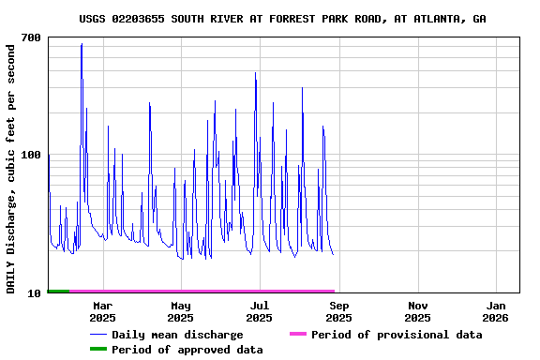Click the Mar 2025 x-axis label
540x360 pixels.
tap(102, 311)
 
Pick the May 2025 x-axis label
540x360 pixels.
tap(181, 311)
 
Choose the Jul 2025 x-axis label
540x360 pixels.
tap(260, 311)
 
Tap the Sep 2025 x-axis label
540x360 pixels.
tap(339, 311)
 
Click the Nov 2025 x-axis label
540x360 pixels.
tap(418, 311)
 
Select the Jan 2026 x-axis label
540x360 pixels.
tap(497, 311)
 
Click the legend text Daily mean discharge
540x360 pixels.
tap(177, 335)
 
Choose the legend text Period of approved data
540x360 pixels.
tap(187, 350)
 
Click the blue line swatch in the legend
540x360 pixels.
tap(98, 335)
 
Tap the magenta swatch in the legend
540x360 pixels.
tap(298, 335)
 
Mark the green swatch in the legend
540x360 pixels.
tap(98, 350)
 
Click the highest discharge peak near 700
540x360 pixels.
tap(82, 44)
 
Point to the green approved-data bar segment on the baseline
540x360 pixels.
tap(58, 292)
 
